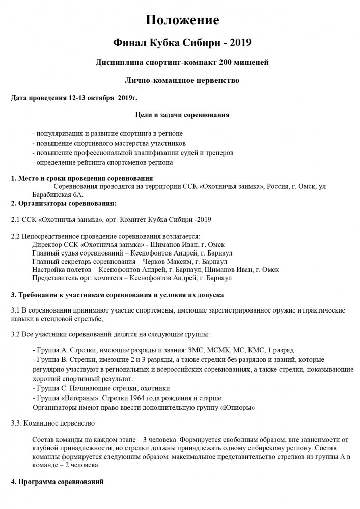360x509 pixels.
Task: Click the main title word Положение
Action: click(x=182, y=20)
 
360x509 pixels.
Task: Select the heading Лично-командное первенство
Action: click(x=182, y=80)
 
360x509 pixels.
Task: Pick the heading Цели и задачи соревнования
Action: click(x=182, y=115)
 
